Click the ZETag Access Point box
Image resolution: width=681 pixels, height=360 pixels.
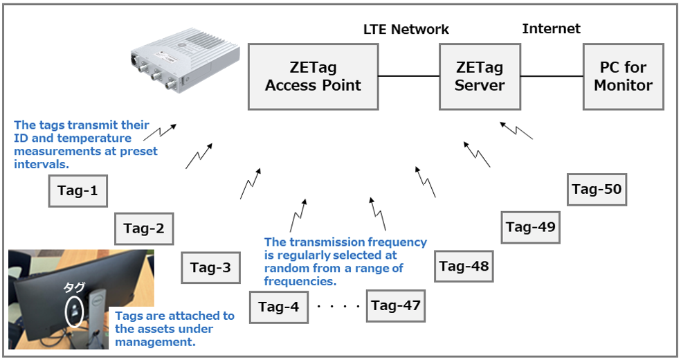[x=313, y=76]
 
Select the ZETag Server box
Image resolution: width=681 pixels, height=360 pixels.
[x=480, y=76]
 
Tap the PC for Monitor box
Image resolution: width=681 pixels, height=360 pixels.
[x=623, y=76]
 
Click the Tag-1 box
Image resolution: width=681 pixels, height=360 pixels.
[x=78, y=190]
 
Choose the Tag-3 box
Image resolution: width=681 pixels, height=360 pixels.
[x=210, y=267]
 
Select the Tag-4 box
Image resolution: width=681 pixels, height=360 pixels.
[x=278, y=307]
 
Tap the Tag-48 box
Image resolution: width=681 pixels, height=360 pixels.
[x=464, y=266]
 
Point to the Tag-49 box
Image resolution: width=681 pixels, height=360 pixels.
[x=530, y=226]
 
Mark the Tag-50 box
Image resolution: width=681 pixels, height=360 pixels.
[x=597, y=189]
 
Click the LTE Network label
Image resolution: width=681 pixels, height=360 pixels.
[x=406, y=29]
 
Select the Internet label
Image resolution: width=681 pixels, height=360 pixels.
[x=551, y=28]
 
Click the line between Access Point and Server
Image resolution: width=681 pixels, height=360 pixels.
[x=409, y=76]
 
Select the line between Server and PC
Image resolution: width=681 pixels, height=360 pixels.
[x=552, y=76]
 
